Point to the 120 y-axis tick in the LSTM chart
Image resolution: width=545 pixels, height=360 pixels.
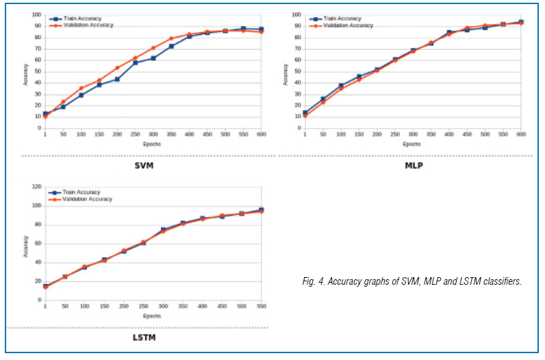point(37,186)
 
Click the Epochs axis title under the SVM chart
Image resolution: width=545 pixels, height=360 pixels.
point(153,144)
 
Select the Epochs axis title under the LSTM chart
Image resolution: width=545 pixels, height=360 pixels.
point(153,316)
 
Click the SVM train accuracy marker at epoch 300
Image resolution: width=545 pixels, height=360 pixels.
point(153,58)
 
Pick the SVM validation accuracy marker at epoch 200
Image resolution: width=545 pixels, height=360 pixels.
point(117,68)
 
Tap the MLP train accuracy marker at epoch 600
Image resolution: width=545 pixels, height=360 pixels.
point(520,22)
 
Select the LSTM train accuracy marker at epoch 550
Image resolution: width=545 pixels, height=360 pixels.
point(261,210)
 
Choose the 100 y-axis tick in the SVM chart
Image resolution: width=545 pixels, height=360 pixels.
point(38,14)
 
